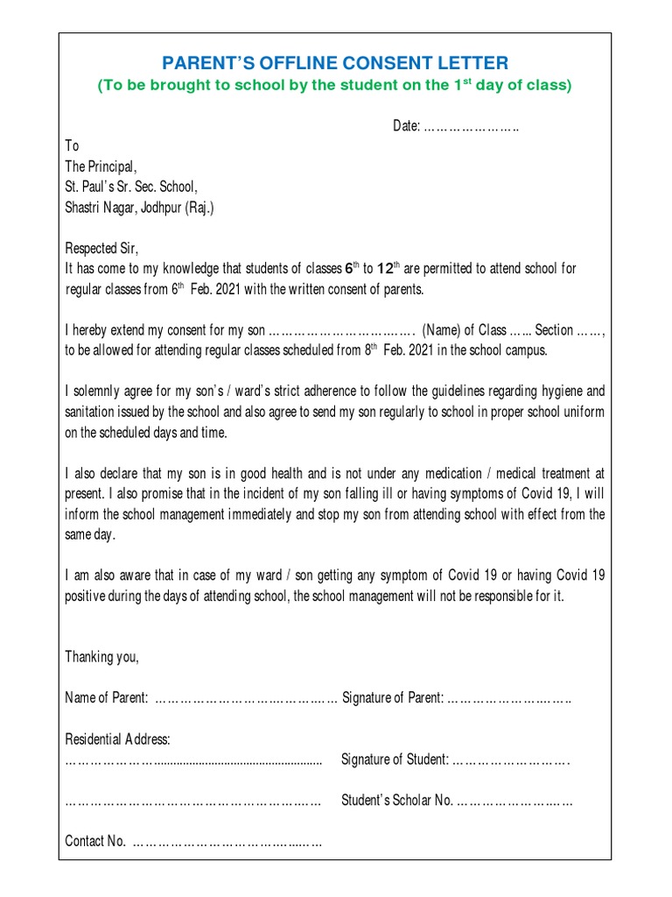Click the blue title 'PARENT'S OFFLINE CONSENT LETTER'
point(335,62)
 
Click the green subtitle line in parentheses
point(335,85)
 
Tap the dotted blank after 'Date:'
point(472,127)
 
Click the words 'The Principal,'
point(101,166)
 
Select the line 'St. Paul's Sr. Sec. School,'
point(131,187)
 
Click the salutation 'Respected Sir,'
point(102,248)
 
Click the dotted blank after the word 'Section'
point(590,331)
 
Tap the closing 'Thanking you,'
point(102,657)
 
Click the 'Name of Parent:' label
point(107,698)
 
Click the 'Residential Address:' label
point(118,740)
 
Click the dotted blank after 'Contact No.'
point(227,842)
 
